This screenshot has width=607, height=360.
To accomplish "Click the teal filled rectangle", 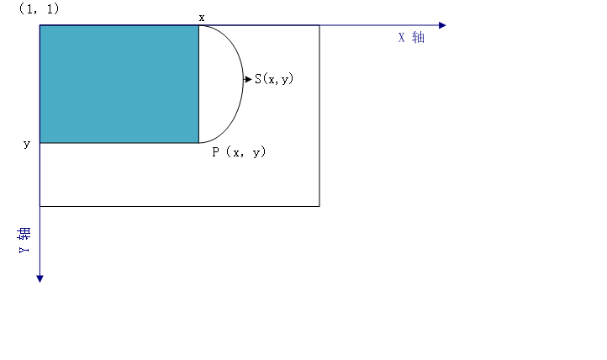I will [119, 84].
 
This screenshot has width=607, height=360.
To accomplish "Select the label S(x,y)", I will [274, 79].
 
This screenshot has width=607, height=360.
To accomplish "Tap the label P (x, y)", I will [239, 152].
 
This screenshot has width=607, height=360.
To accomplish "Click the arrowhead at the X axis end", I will [442, 25].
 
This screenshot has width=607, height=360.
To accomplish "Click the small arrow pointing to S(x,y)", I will [247, 79].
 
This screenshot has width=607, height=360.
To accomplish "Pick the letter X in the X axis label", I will [403, 38].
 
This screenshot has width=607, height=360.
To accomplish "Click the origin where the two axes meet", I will [40, 25].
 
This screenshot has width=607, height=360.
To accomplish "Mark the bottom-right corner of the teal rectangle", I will [198, 143].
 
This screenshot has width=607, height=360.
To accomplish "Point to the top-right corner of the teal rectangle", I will [198, 25].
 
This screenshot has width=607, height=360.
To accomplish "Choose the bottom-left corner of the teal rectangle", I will [40, 143].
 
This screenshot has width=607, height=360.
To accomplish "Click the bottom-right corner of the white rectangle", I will [319, 205].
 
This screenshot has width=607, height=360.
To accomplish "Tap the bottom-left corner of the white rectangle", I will [40, 205].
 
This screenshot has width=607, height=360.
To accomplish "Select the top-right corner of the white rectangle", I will [319, 25].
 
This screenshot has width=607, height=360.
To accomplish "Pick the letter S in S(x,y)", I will [258, 79].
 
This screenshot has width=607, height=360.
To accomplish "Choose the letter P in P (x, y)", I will [216, 152].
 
